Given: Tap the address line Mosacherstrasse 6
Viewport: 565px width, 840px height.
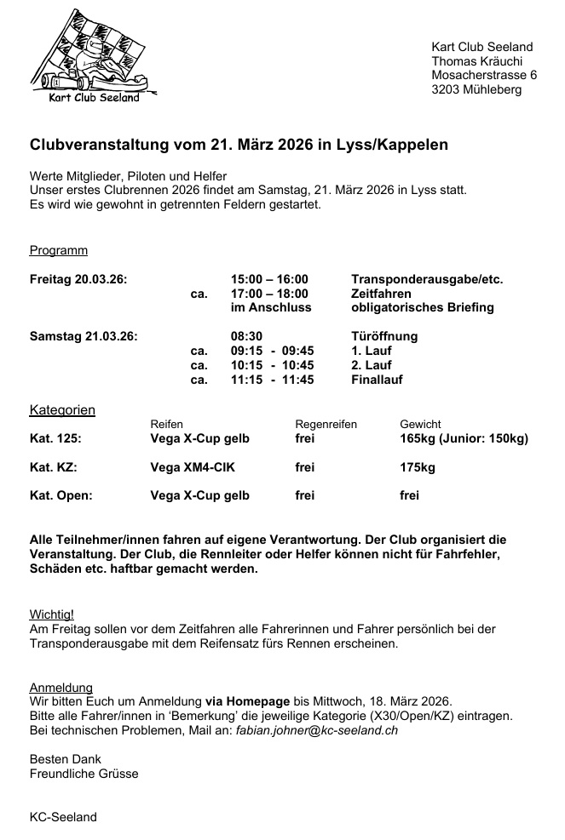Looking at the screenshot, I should point(484,75).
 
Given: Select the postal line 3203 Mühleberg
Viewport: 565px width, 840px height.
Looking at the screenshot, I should point(476,89).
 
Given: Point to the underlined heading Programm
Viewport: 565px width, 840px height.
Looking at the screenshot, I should point(59,250).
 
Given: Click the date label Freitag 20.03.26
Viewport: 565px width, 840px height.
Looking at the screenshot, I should point(78,278).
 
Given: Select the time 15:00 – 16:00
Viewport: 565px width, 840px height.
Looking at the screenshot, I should point(269,278).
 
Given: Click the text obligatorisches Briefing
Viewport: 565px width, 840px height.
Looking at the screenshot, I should point(422,307).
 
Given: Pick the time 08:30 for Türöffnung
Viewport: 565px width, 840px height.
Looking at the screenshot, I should point(247,336).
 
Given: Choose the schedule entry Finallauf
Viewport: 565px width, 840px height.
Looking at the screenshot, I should point(377,380).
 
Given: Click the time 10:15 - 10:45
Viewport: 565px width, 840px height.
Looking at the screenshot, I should point(272,365).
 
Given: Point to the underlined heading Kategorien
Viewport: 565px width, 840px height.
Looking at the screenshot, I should point(62,409).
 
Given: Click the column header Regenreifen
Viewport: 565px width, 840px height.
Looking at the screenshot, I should point(326,424).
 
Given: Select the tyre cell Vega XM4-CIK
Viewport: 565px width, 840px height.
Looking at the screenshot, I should point(193,467).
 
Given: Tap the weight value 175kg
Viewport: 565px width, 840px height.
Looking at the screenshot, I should point(418,467).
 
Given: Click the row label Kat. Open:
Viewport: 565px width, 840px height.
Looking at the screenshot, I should point(61,495).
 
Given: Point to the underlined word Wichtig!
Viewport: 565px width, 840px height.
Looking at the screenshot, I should point(52,614).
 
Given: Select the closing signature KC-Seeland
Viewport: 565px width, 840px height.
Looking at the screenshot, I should point(63,817).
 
